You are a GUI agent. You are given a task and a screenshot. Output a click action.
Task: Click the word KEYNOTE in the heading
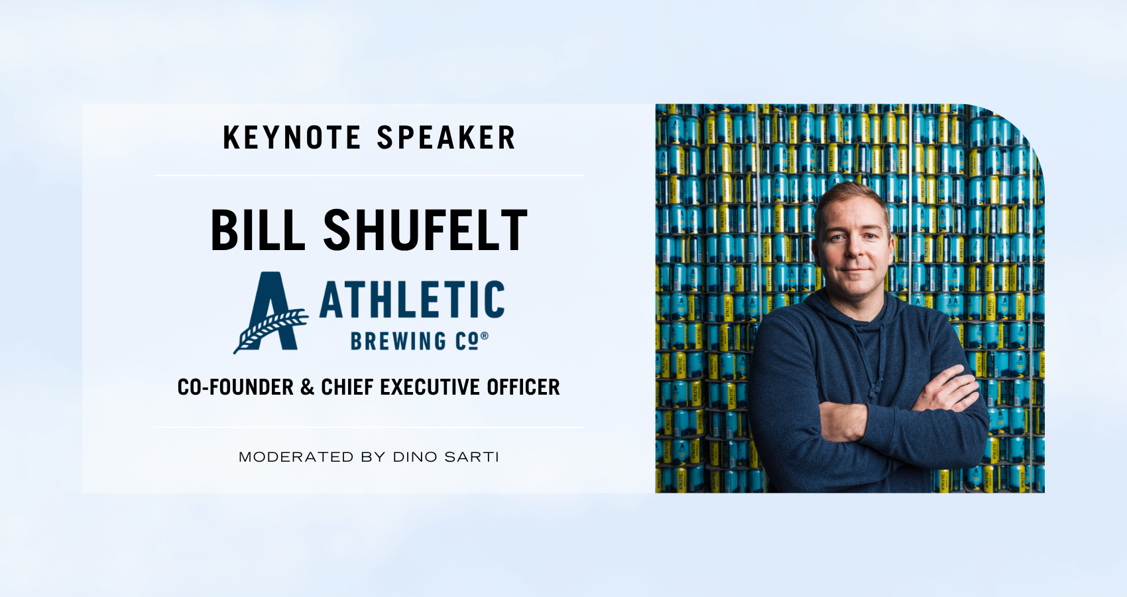click(x=292, y=137)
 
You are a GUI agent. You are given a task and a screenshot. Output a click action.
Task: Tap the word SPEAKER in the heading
click(x=446, y=137)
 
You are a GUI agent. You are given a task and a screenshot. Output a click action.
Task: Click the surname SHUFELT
click(x=425, y=230)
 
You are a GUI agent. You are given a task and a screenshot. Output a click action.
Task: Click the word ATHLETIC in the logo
click(x=412, y=300)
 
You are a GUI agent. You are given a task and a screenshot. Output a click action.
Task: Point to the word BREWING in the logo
click(x=398, y=341)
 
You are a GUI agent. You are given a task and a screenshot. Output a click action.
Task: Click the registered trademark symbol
click(x=485, y=336)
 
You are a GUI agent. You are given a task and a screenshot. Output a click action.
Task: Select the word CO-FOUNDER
click(x=235, y=387)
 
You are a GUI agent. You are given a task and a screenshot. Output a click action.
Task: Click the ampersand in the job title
click(x=307, y=387)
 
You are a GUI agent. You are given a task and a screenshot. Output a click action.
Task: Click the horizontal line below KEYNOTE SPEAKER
click(x=369, y=175)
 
